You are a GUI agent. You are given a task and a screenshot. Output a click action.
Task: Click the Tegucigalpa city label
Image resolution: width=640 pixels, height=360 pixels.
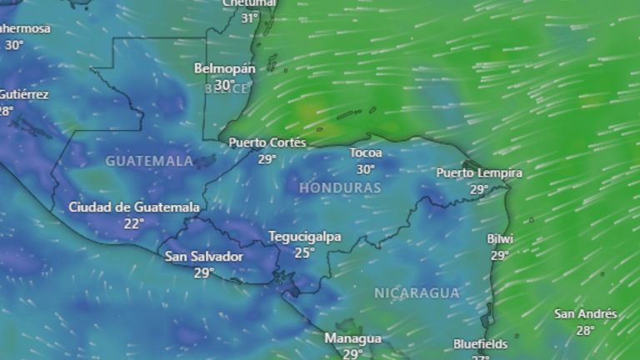click(x=304, y=237)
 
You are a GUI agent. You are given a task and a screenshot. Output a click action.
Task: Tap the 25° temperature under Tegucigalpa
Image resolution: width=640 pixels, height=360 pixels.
click(x=304, y=252)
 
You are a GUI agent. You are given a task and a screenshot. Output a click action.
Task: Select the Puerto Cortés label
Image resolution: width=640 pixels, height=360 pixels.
click(x=267, y=142)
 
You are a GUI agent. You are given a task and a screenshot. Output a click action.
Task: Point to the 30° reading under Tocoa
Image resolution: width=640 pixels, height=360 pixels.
click(x=366, y=168)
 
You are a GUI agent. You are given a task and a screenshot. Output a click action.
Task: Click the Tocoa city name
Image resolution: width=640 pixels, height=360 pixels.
click(x=366, y=153)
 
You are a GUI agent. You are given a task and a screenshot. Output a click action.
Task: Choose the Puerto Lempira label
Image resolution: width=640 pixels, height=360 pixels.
click(x=479, y=173)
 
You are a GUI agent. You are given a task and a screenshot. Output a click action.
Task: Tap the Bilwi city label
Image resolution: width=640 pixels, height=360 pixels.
click(x=500, y=239)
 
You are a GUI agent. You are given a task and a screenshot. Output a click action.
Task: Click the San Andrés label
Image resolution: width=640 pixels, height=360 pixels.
click(x=586, y=314)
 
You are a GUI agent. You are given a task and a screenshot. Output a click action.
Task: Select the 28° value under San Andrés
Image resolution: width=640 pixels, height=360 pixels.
click(x=586, y=330)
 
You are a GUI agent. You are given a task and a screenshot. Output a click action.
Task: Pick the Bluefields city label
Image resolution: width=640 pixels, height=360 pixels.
click(x=480, y=343)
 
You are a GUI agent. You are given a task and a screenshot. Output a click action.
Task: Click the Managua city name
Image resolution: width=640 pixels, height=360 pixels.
click(x=352, y=338)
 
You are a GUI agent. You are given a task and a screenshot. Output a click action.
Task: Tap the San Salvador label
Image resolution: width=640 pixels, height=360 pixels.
click(x=204, y=257)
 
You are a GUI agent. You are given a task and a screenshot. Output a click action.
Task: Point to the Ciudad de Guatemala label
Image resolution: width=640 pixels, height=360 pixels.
click(x=134, y=207)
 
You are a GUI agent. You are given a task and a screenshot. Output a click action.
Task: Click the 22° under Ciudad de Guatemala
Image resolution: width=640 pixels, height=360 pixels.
click(x=134, y=222)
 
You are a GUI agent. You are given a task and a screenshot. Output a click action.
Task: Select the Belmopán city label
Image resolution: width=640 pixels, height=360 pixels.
click(x=223, y=67)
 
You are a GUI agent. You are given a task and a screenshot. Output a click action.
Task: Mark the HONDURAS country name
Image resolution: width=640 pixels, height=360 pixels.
click(x=340, y=188)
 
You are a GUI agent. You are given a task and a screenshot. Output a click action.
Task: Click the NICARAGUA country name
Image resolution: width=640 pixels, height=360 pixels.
click(x=417, y=292)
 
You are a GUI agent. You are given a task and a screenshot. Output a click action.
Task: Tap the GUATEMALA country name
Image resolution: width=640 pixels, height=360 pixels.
click(x=149, y=160)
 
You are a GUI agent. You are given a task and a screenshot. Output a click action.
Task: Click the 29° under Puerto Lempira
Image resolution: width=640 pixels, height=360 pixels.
click(x=479, y=189)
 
